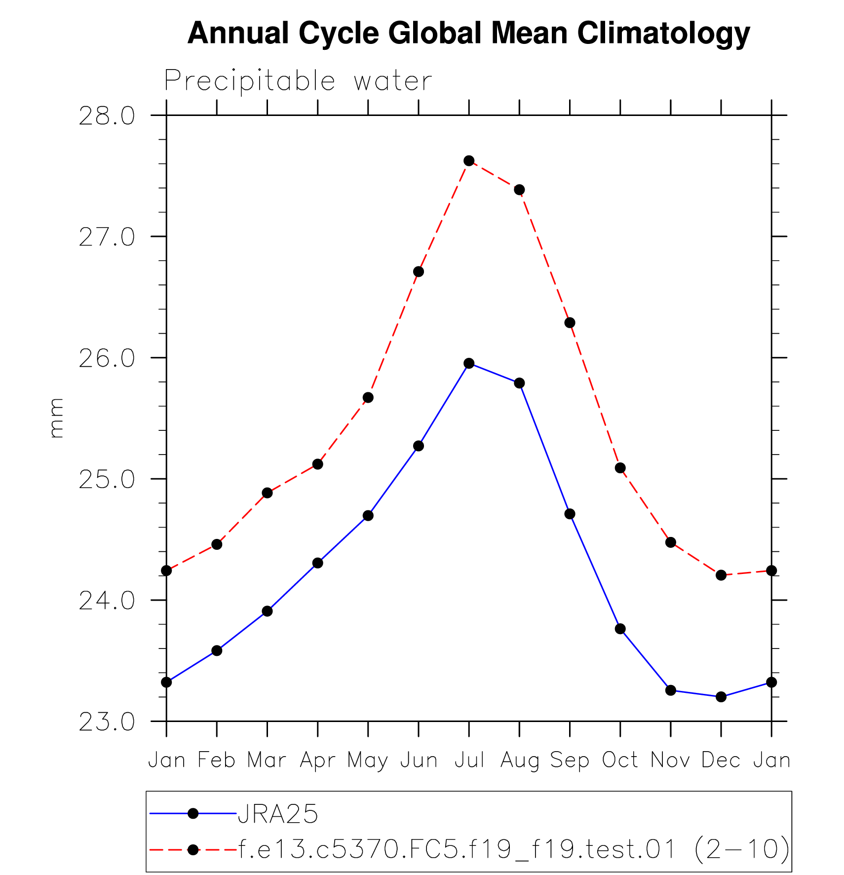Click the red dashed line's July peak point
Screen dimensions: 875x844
pos(469,161)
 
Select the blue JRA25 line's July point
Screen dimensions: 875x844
pos(469,364)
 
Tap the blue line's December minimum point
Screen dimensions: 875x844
pos(721,697)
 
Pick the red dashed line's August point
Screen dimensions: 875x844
pos(519,190)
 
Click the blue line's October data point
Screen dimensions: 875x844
pos(620,629)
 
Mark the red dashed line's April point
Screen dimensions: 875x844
pos(318,464)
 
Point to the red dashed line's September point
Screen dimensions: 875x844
pos(570,323)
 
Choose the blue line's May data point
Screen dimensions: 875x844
pos(368,516)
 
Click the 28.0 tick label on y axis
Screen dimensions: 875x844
pos(107,116)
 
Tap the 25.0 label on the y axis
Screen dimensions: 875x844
pos(107,480)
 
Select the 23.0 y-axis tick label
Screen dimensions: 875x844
pos(107,722)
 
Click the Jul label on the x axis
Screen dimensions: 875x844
pos(469,761)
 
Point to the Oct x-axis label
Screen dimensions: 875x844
pos(620,761)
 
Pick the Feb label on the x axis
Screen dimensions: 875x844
pos(217,761)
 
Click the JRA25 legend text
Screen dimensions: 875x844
pos(278,814)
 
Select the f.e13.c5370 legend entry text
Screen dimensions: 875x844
pos(513,850)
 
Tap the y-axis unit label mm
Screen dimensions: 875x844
pos(57,418)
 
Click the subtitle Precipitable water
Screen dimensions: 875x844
pos(298,81)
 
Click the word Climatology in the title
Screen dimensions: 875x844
pos(663,34)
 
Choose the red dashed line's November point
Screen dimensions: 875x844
pos(671,542)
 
